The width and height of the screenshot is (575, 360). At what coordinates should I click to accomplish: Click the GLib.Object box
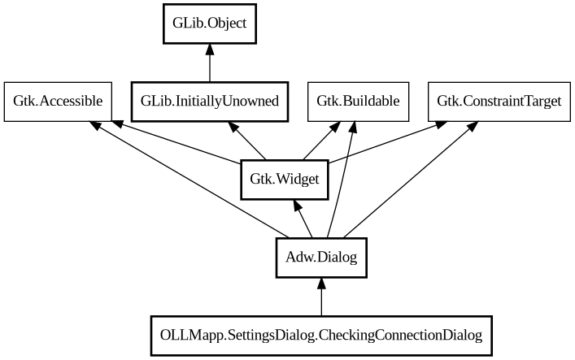click(x=210, y=23)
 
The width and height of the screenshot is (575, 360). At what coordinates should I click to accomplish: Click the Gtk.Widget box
click(x=285, y=180)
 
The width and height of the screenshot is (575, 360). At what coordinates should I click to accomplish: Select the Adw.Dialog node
click(x=321, y=258)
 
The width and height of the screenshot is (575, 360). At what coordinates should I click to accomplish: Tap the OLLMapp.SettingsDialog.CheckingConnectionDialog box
click(x=321, y=336)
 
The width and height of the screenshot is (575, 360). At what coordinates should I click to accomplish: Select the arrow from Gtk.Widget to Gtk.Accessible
click(x=179, y=143)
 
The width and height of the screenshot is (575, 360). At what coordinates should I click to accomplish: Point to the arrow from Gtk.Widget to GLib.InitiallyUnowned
click(x=247, y=141)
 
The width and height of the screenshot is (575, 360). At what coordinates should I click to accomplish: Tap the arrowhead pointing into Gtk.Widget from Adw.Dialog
click(x=295, y=207)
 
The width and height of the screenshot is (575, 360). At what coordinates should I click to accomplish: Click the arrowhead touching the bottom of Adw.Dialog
click(x=321, y=284)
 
